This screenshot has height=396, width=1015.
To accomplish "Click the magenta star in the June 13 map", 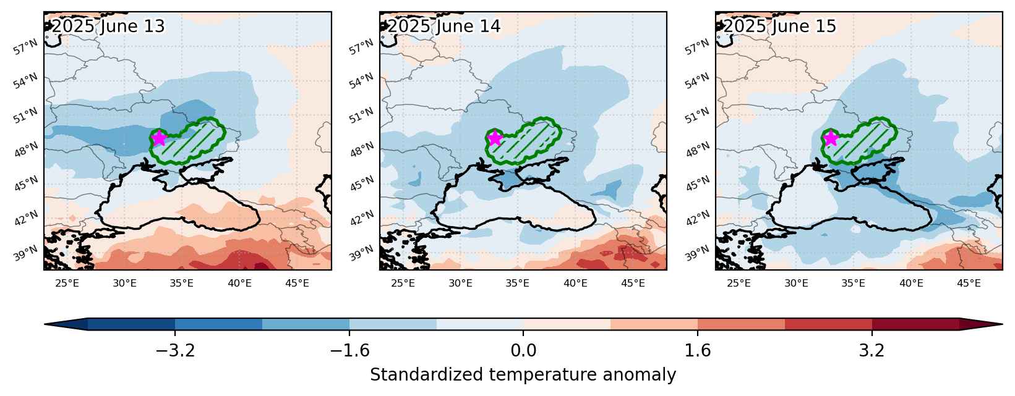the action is (158, 138).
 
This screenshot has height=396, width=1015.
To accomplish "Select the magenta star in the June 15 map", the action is (830, 138).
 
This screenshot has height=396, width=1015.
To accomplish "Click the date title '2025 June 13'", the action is (108, 26).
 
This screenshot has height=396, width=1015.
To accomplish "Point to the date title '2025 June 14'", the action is (444, 26).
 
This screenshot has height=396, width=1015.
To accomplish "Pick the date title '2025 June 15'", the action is (780, 26).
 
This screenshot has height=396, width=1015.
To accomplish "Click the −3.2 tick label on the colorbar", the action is (175, 350).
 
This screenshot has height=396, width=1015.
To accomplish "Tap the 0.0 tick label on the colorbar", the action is (523, 350).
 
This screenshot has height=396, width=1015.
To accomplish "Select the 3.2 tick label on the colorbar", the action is (872, 350).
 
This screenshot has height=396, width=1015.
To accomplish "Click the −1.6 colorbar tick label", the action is (349, 350).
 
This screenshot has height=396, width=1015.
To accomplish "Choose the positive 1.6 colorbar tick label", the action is (697, 350).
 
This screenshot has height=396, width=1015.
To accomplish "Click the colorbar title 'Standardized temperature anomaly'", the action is (523, 375).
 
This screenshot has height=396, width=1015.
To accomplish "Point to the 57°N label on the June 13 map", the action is (25, 47).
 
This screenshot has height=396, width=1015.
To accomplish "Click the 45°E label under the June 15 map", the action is (969, 284).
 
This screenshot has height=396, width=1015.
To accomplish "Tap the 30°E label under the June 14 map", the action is (460, 284).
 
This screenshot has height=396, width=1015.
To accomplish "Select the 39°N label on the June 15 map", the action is (697, 253).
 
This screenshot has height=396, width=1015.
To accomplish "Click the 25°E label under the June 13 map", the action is (67, 284).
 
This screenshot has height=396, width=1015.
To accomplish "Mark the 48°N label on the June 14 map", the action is (362, 150).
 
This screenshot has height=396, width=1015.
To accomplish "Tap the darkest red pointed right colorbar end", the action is (981, 324).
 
